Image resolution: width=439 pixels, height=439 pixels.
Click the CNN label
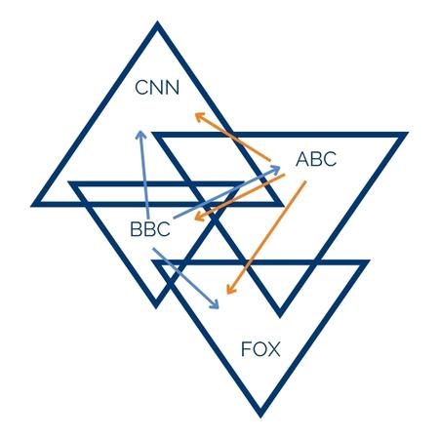click(x=157, y=88)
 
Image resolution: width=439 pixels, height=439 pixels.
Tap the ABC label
click(x=316, y=159)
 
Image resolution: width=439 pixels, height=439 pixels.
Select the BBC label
click(x=150, y=229)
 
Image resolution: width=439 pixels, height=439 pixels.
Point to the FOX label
click(x=260, y=349)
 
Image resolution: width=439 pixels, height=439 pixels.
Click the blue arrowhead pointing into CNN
click(x=140, y=135)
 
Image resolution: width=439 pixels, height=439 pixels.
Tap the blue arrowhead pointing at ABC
click(x=276, y=169)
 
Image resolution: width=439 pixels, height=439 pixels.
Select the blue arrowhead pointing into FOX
click(x=215, y=304)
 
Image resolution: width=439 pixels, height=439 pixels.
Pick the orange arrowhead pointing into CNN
click(x=199, y=117)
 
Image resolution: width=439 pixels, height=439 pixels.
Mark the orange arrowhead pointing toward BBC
click(x=198, y=217)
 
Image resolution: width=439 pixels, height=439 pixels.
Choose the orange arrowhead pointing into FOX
click(x=229, y=289)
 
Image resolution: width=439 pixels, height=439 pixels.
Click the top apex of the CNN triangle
click(x=157, y=22)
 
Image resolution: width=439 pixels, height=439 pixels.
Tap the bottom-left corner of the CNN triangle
click(x=31, y=206)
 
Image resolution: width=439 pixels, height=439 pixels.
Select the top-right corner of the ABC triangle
click(x=408, y=133)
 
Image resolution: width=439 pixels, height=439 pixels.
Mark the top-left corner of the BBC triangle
click(x=68, y=181)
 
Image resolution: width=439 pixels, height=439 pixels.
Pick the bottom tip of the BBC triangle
click(x=155, y=307)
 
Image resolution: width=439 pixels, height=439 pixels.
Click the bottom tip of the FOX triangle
click(x=260, y=418)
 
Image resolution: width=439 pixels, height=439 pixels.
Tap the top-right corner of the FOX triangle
click(x=370, y=260)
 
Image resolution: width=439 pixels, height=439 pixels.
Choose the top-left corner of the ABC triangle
click(x=152, y=133)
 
